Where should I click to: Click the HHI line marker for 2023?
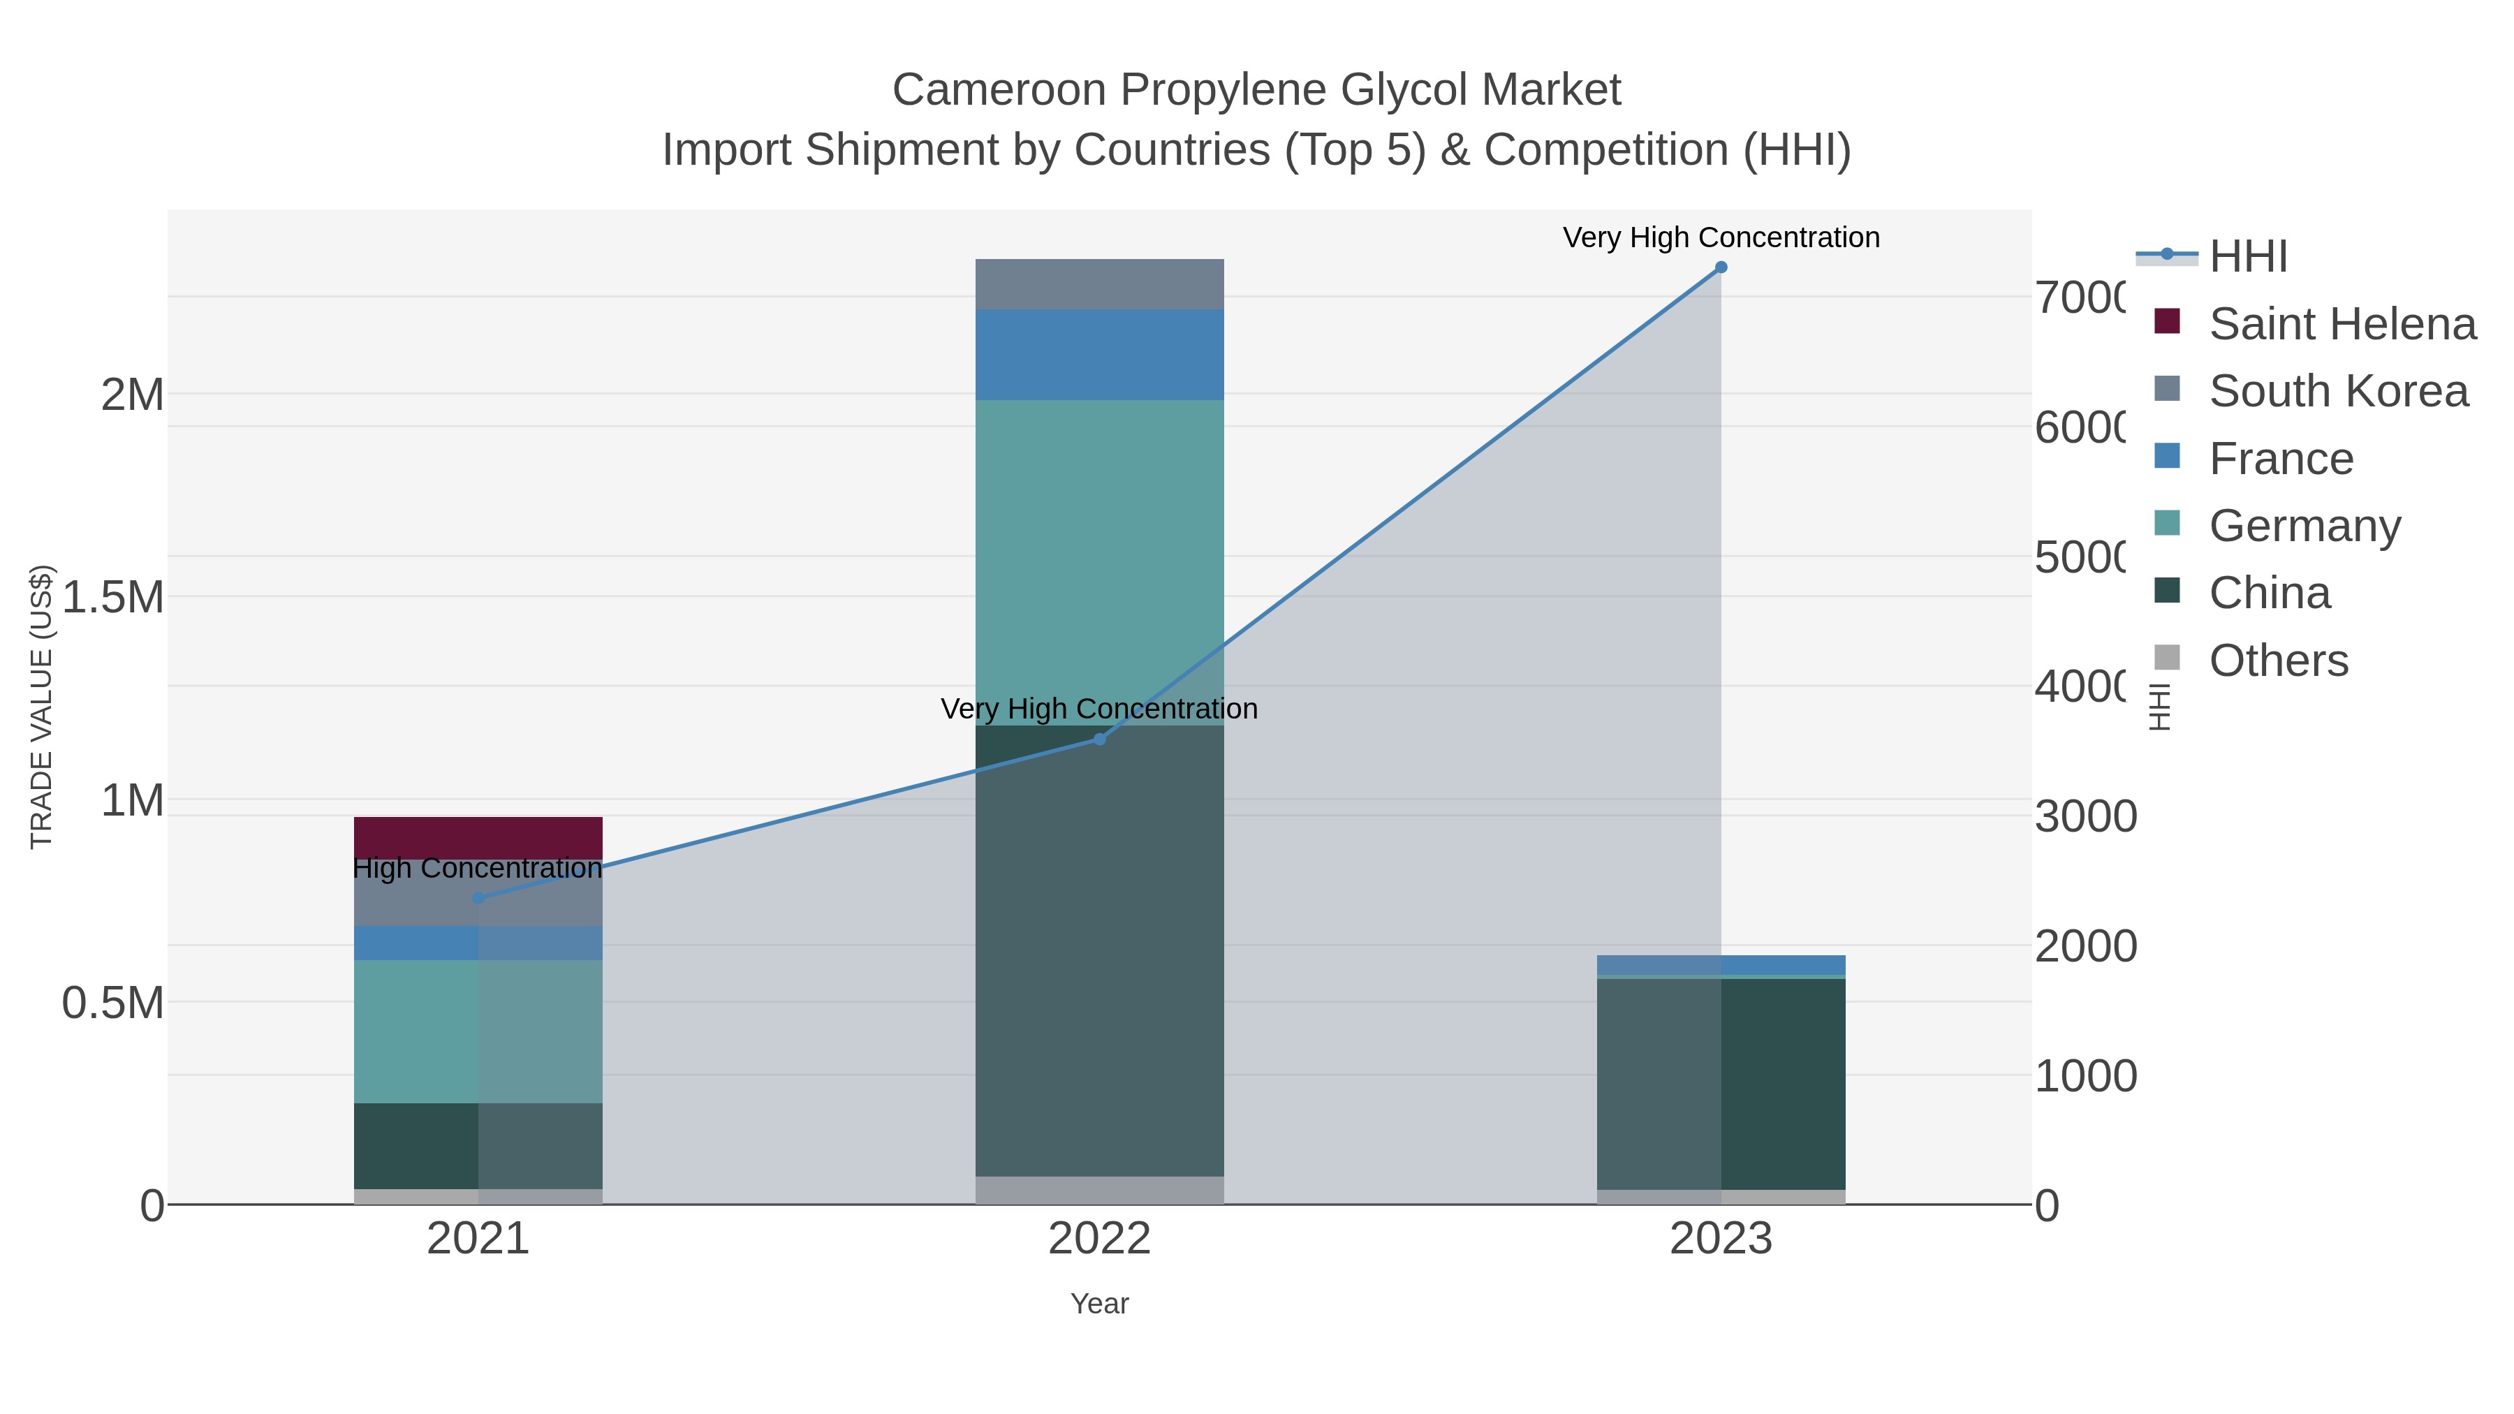click(1721, 267)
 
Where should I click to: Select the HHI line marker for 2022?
click(1099, 739)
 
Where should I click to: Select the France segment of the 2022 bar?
click(1099, 354)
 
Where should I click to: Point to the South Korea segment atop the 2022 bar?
click(1099, 284)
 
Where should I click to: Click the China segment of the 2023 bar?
click(1721, 1083)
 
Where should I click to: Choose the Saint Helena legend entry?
click(2342, 324)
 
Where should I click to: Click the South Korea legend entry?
click(2338, 391)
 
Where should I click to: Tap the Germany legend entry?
click(2304, 526)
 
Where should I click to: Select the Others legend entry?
click(2278, 661)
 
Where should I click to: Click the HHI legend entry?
click(2247, 257)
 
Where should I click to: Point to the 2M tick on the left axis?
click(133, 395)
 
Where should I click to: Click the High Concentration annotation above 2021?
click(477, 867)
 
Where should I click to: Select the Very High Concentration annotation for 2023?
click(1721, 237)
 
